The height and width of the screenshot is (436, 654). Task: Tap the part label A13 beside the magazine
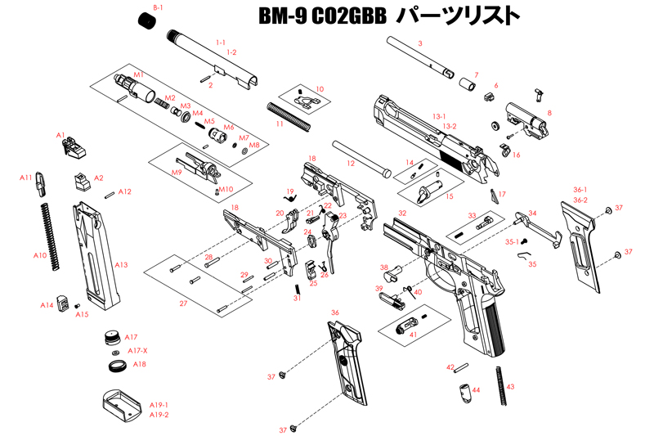tap(121, 265)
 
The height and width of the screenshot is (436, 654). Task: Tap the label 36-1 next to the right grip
tap(580, 190)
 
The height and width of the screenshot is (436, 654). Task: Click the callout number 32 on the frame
tap(401, 213)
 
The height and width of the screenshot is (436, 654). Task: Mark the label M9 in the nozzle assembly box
tap(176, 173)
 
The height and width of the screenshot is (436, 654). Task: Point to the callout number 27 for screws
tap(183, 302)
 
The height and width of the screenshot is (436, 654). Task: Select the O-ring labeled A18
tap(116, 362)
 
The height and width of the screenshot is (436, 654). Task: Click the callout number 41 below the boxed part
tap(413, 335)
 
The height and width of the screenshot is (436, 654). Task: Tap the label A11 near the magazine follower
tap(26, 178)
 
